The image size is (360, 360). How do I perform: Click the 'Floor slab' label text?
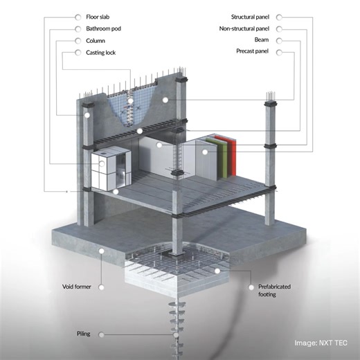coord(98,17)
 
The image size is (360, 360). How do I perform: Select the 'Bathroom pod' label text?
coord(103,28)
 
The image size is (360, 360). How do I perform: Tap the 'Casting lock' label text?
coord(100,53)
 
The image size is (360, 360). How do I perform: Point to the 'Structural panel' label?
coord(250,17)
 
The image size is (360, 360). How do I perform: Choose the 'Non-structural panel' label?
coord(244,28)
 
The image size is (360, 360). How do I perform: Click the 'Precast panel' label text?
coord(253,51)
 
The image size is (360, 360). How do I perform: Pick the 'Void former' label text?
coord(77,287)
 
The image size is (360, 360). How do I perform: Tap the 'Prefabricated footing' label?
coord(274,290)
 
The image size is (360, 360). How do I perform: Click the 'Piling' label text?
coord(84,334)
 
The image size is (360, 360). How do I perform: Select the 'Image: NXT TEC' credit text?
coord(321,343)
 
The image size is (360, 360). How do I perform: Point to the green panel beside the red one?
coord(223,158)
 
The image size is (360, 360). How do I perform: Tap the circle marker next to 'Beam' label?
coord(279,41)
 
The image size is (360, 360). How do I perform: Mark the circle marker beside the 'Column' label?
coord(78,41)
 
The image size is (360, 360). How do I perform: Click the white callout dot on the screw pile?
coord(176,335)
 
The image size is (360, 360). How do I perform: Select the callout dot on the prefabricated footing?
coord(217,271)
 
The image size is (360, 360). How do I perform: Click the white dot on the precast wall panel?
coord(165,100)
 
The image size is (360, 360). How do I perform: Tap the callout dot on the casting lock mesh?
coord(130,101)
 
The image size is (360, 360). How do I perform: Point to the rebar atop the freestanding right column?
coord(270,96)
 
